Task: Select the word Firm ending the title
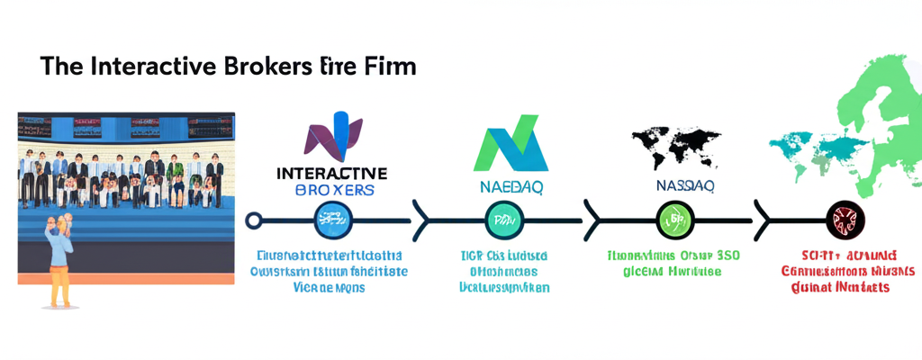click(x=390, y=67)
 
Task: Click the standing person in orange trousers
click(x=59, y=261)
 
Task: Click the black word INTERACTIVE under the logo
click(x=332, y=172)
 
